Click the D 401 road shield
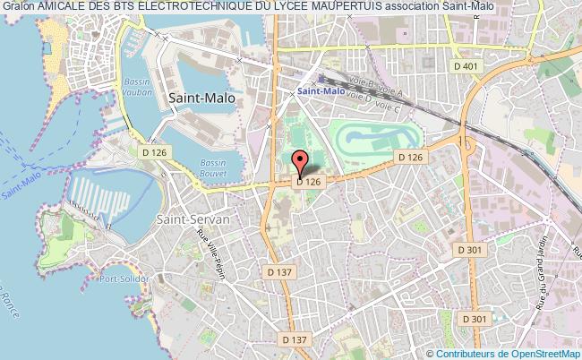[x=466, y=65]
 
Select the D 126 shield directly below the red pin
[x=309, y=183]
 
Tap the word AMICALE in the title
[x=65, y=8]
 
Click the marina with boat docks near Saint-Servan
[x=98, y=198]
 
